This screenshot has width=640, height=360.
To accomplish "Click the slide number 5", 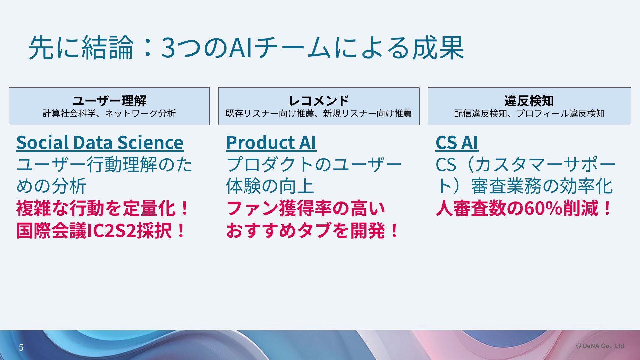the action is click(21, 348).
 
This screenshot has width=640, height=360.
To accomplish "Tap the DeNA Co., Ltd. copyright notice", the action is click(601, 346).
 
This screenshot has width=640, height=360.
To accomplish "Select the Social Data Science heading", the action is click(100, 143).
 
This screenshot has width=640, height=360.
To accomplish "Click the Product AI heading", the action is click(271, 143).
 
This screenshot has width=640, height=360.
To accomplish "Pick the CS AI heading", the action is click(457, 143).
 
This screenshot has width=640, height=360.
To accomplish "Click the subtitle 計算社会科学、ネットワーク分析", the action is click(109, 114).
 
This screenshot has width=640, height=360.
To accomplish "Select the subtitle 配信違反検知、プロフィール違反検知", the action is click(529, 114).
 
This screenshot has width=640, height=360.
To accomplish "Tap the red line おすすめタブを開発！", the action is click(312, 231).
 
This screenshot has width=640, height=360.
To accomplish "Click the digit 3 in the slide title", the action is click(168, 48).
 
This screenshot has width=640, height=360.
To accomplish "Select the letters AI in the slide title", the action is click(240, 48).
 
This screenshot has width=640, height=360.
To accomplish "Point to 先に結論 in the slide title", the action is click(81, 48).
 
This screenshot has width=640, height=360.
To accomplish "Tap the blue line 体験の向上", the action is click(270, 186).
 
